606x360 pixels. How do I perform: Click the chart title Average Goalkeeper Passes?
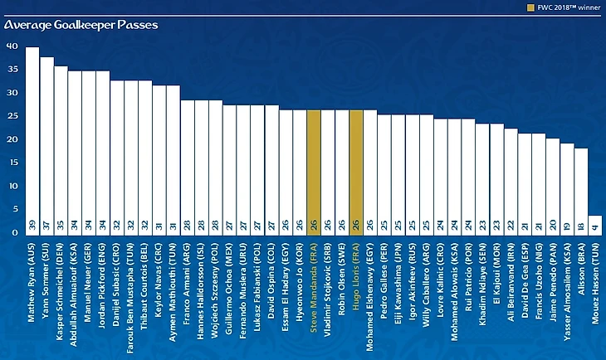[x=81, y=25]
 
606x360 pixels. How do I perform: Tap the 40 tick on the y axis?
[x=11, y=46]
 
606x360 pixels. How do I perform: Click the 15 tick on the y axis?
[x=11, y=163]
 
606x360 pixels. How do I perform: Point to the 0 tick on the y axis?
[x=14, y=233]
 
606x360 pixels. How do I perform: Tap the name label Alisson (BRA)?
[x=581, y=270]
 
